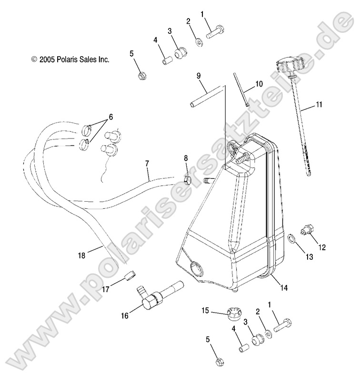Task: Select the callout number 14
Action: click(284, 287)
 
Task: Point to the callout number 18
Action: click(81, 256)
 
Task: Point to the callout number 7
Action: click(147, 164)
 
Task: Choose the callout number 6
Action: click(110, 117)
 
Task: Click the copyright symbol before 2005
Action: click(34, 60)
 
